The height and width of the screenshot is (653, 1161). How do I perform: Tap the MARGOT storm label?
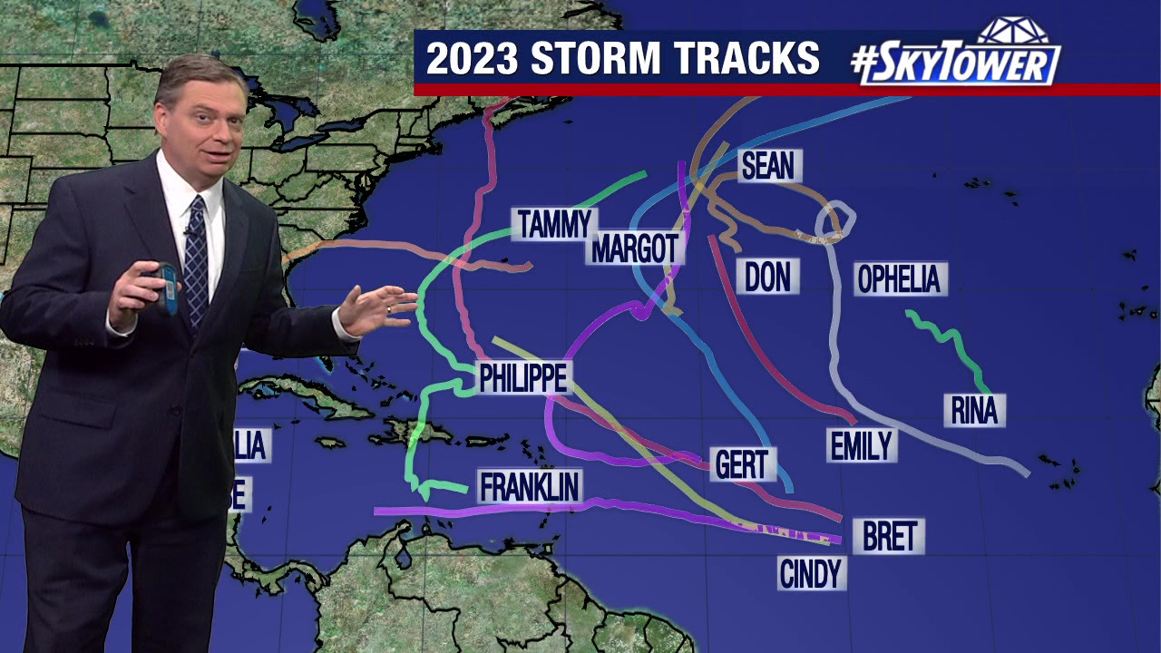[635, 248]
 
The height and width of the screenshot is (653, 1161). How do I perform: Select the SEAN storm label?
[767, 166]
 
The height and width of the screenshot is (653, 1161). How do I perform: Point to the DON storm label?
[767, 277]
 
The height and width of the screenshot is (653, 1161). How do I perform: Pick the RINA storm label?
[974, 411]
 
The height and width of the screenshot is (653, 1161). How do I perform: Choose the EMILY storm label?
[862, 445]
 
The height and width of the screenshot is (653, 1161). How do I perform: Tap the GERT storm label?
[741, 464]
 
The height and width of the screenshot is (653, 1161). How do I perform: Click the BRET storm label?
[889, 536]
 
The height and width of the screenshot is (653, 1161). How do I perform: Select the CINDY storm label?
[811, 573]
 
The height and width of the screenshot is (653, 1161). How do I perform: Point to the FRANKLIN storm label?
[530, 487]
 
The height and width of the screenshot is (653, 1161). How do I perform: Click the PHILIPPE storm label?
[523, 378]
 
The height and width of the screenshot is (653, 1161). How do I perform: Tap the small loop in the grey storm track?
[835, 219]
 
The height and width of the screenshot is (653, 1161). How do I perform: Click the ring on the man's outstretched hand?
[389, 309]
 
